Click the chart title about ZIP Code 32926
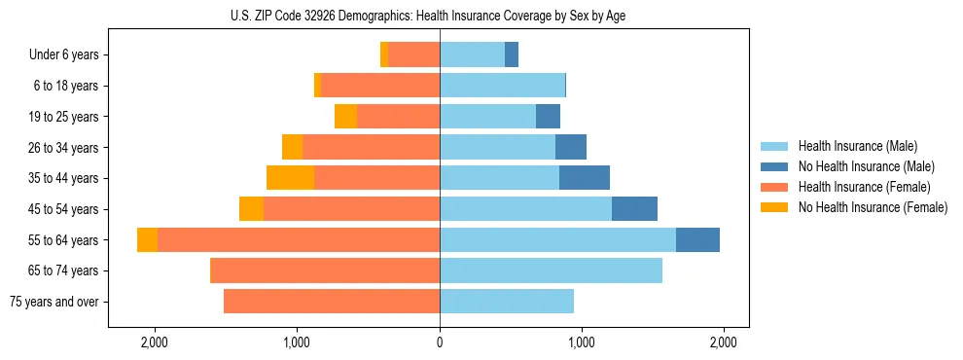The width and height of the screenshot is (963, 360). tap(440, 16)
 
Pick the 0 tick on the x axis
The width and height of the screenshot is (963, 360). tap(440, 342)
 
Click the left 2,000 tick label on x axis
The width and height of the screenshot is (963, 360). tap(155, 342)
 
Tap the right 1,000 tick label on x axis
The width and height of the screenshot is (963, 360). tap(582, 342)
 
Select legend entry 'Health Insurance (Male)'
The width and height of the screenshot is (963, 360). tap(857, 146)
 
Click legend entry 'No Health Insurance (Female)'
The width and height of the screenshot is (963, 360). tap(873, 207)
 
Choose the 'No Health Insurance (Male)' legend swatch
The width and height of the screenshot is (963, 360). tap(775, 166)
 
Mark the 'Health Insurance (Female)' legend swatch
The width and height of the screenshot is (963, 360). tap(775, 187)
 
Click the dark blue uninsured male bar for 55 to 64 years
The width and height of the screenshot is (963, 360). tap(697, 240)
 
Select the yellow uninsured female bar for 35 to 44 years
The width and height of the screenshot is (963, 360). tap(290, 178)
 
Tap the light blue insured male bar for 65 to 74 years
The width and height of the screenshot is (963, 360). tap(551, 270)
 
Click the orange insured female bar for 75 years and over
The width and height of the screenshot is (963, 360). tap(332, 302)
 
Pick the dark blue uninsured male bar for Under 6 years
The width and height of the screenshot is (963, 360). tap(512, 55)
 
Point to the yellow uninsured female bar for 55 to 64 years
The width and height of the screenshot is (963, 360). tap(147, 240)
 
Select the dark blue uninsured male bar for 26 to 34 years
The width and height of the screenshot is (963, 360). tap(571, 148)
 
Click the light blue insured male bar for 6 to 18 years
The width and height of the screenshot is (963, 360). tap(502, 86)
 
